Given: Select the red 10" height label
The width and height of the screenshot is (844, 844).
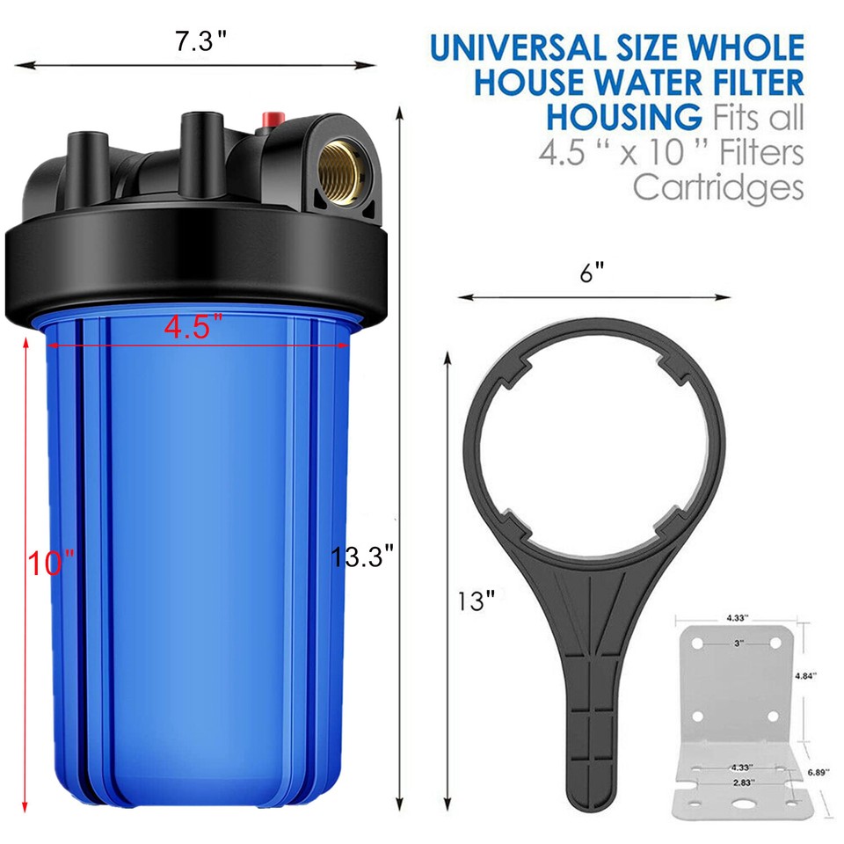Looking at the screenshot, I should [x=50, y=563].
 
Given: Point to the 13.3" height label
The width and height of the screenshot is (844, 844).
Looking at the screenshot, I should [x=361, y=557].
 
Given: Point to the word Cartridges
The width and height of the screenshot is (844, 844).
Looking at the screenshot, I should [x=718, y=186].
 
